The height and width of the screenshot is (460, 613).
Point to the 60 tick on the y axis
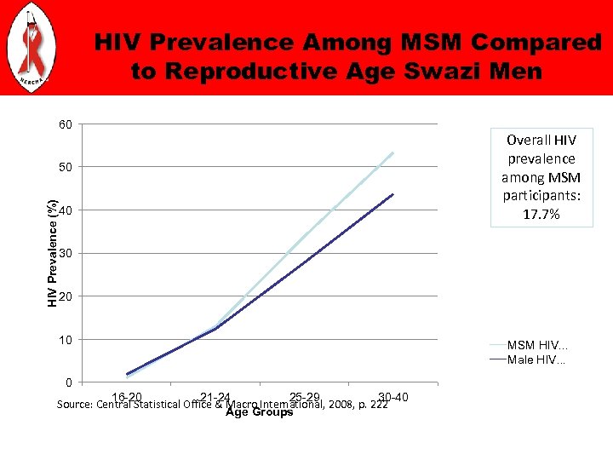pyautogui.click(x=66, y=125)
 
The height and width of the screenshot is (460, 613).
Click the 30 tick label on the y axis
pyautogui.click(x=66, y=253)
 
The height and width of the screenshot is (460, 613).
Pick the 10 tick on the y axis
pyautogui.click(x=66, y=340)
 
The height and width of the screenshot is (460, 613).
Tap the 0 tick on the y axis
pyautogui.click(x=69, y=382)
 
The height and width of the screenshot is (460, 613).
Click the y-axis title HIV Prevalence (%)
pyautogui.click(x=53, y=253)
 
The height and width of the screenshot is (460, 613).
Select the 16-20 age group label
pyautogui.click(x=127, y=397)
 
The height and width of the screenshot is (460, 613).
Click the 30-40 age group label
pyautogui.click(x=393, y=397)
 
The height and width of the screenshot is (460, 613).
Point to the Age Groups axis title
pyautogui.click(x=259, y=412)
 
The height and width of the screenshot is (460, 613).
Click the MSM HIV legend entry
pyautogui.click(x=537, y=346)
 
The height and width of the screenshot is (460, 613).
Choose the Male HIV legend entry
pyautogui.click(x=536, y=360)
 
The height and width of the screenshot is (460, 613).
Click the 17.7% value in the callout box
pyautogui.click(x=541, y=215)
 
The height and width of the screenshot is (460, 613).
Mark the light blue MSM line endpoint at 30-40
pyautogui.click(x=393, y=152)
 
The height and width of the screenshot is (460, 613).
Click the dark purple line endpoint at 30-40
pyautogui.click(x=393, y=194)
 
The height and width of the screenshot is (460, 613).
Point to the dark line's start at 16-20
pyautogui.click(x=127, y=374)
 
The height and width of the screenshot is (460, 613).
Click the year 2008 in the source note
pyautogui.click(x=339, y=405)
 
